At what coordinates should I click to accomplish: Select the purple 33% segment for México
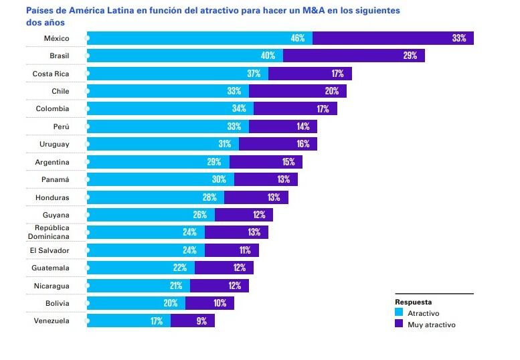393,38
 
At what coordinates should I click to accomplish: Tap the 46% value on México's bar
297,38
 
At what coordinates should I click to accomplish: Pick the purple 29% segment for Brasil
354,56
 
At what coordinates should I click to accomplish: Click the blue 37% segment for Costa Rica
177,74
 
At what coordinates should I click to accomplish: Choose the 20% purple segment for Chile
298,91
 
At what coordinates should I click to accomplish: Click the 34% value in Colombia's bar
239,109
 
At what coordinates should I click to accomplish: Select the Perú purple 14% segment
283,126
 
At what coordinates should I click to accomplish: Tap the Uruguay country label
54,144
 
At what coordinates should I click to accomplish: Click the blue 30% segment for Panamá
161,179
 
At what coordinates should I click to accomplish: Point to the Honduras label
52,197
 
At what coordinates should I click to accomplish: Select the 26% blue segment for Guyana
151,215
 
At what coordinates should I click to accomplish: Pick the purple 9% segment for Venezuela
193,321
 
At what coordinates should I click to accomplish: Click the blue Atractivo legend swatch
399,312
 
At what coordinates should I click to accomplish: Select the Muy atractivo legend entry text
431,325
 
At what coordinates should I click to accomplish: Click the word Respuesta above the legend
413,301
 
